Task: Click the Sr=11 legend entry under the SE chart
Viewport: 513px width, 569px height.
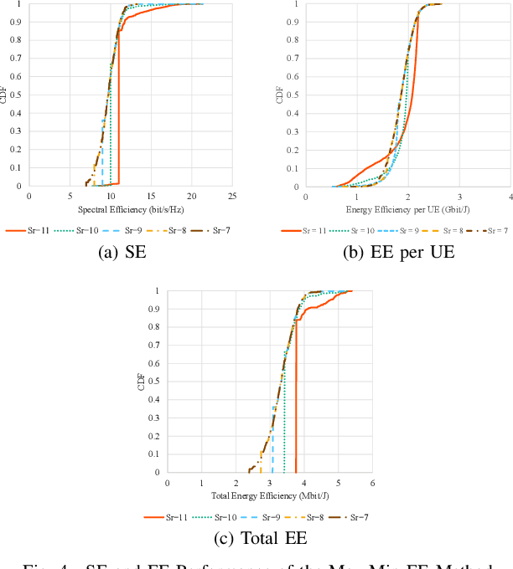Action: pyautogui.click(x=25, y=229)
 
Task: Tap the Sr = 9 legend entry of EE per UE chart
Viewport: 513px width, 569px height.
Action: pyautogui.click(x=390, y=229)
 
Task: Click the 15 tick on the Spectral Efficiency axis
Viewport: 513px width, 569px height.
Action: pyautogui.click(x=151, y=196)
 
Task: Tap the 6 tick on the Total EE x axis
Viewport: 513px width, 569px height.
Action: pyautogui.click(x=371, y=483)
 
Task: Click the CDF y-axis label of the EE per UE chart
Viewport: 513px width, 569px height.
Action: pyautogui.click(x=281, y=95)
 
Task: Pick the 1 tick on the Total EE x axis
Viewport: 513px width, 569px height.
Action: pyautogui.click(x=201, y=483)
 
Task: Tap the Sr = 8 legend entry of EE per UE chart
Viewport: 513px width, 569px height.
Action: pyautogui.click(x=437, y=229)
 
